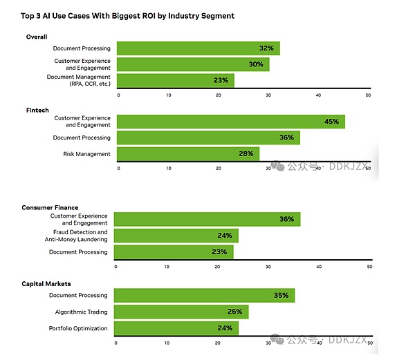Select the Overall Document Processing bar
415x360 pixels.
click(x=198, y=48)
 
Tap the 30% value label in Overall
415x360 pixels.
click(x=256, y=64)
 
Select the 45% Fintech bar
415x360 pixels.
click(x=230, y=122)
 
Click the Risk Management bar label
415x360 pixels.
click(x=86, y=153)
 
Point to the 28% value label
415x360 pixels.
click(x=246, y=153)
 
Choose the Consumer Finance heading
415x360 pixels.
click(x=50, y=207)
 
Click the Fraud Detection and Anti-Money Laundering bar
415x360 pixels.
click(x=176, y=236)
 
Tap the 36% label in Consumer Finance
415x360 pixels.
click(x=286, y=220)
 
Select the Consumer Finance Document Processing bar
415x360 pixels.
click(x=173, y=252)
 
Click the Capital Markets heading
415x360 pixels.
click(x=47, y=283)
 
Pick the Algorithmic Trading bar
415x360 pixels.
click(x=181, y=312)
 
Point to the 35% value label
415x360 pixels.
click(x=281, y=296)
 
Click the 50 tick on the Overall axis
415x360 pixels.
click(x=369, y=95)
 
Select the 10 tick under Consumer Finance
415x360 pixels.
click(x=167, y=266)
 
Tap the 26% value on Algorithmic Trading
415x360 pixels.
click(x=234, y=312)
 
